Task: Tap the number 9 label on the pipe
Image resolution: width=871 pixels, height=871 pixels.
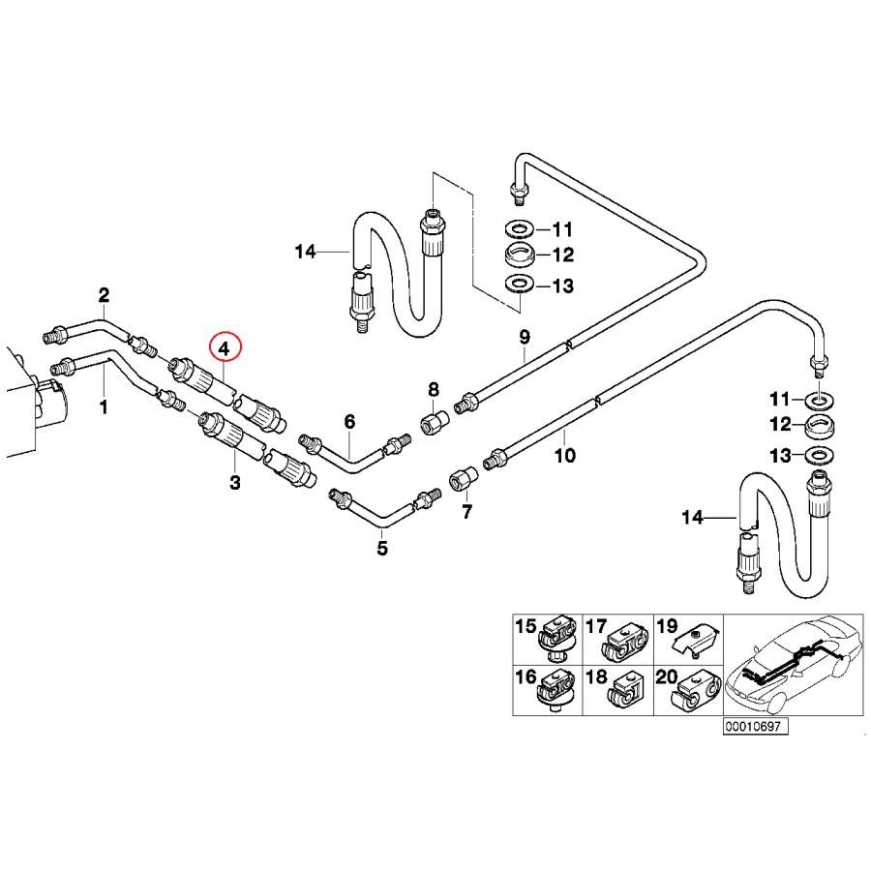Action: (x=525, y=337)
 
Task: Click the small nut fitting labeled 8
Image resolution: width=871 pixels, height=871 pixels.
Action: (x=434, y=424)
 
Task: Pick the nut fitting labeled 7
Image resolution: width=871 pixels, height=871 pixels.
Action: (x=464, y=478)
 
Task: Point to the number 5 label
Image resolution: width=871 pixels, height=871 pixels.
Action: (x=382, y=549)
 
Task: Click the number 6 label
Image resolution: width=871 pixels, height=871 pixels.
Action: (x=349, y=421)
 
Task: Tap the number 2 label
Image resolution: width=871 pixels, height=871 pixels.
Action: (x=104, y=294)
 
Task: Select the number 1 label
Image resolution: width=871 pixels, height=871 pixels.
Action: (x=104, y=407)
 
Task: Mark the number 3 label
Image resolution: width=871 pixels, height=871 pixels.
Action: (x=234, y=482)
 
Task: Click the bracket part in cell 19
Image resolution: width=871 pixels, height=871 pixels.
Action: (x=698, y=638)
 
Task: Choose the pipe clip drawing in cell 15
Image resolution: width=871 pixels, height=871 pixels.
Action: (x=558, y=640)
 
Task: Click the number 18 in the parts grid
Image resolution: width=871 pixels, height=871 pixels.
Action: (x=595, y=676)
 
